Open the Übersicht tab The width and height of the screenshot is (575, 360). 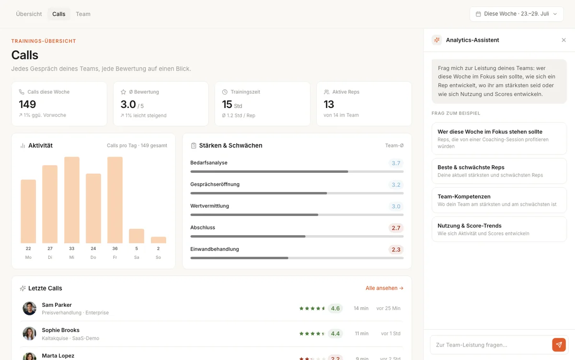click(29, 14)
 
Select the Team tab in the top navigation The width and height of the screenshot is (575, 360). click(83, 14)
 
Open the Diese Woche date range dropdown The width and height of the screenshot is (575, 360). click(517, 14)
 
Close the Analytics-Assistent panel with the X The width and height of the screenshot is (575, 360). click(563, 40)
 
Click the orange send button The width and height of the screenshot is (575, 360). click(559, 345)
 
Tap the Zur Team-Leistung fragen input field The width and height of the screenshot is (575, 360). click(491, 345)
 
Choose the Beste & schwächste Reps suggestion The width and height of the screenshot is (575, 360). click(499, 171)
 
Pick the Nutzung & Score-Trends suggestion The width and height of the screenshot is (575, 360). click(499, 229)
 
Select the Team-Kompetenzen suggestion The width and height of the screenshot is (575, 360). click(499, 200)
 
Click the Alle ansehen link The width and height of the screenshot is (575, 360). click(384, 288)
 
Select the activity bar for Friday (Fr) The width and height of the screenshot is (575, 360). click(115, 200)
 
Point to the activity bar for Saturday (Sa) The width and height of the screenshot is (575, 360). click(137, 236)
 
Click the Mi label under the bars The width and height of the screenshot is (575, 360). click(71, 257)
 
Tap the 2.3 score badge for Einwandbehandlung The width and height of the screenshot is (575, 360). click(396, 250)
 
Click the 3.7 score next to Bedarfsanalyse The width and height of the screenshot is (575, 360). click(396, 163)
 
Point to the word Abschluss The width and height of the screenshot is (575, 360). click(203, 228)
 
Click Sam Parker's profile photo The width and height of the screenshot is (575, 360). click(30, 308)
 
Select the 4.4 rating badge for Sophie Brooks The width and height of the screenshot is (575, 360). click(335, 334)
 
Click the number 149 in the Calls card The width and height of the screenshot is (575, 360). click(27, 104)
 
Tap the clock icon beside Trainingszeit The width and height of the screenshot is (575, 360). click(225, 92)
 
